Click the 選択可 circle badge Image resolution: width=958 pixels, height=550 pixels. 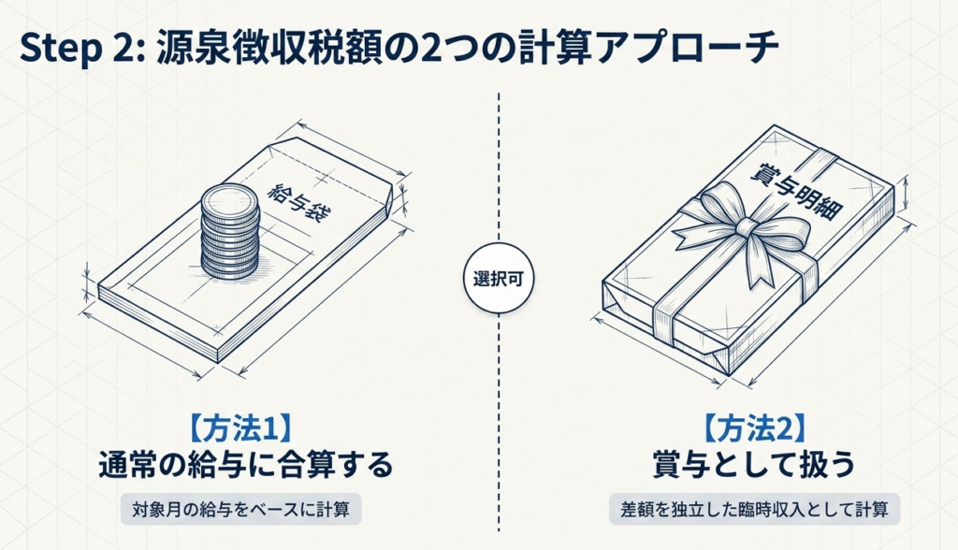click(x=499, y=279)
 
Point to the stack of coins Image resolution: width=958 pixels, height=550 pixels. click(x=230, y=233)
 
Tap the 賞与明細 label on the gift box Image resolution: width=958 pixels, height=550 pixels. click(x=796, y=190)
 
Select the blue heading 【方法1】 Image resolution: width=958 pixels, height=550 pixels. click(x=239, y=428)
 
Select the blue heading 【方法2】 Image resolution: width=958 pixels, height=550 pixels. click(x=754, y=428)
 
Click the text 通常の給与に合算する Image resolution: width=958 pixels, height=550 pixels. click(x=246, y=465)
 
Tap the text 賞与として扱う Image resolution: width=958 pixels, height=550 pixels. click(x=754, y=465)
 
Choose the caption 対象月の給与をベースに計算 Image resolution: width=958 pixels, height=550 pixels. click(x=240, y=509)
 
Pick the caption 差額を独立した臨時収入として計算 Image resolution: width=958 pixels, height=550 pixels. click(x=755, y=509)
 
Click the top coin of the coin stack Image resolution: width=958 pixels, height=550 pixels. click(x=230, y=198)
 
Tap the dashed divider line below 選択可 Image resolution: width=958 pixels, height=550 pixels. click(x=499, y=423)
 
